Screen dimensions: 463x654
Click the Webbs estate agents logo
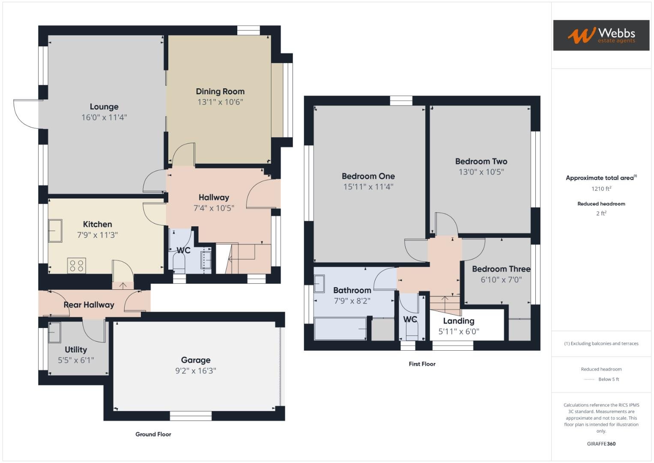coord(601,35)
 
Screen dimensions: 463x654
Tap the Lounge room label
coord(104,107)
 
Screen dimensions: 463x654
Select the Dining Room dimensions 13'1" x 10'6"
coord(220,102)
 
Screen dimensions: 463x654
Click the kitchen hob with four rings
coord(77,265)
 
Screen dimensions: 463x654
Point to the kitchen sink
coord(55,231)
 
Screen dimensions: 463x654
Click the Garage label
coord(195,360)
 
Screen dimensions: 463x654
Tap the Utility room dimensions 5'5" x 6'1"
coord(76,361)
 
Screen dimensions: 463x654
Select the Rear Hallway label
coord(89,305)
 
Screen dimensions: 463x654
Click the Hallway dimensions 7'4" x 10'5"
coord(214,208)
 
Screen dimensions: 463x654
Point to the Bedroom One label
coord(368,176)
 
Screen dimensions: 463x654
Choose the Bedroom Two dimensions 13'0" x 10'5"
coord(481,172)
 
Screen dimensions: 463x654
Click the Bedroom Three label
coord(501,269)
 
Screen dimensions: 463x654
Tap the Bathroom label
coord(352,290)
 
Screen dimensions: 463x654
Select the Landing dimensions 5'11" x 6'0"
coord(458,331)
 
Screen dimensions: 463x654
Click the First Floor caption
coord(422,364)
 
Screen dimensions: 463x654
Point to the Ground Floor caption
coord(153,434)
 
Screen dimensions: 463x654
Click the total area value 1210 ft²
coord(601,189)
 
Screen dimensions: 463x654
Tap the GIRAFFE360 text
coord(601,444)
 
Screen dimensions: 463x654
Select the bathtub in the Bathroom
coord(340,329)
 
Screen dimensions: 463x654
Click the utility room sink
coord(54,333)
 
